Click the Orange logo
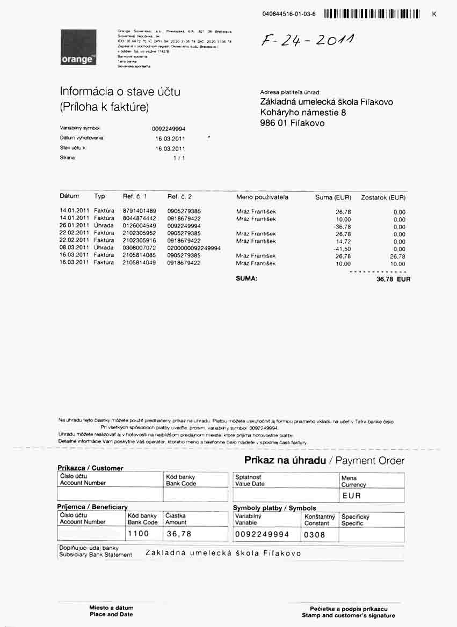point(78,48)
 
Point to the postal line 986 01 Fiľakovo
point(292,123)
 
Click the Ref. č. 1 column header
point(135,197)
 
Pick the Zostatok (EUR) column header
point(383,197)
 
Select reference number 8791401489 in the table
point(139,211)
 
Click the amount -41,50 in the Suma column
point(342,249)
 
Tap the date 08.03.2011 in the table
point(74,248)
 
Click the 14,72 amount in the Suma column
point(343,241)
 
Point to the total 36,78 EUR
point(394,279)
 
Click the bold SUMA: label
point(246,279)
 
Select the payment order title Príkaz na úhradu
point(285,460)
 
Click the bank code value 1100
point(139,534)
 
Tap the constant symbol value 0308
point(315,534)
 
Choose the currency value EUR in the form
point(351,496)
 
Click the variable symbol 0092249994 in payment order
point(262,534)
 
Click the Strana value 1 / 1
point(178,158)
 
